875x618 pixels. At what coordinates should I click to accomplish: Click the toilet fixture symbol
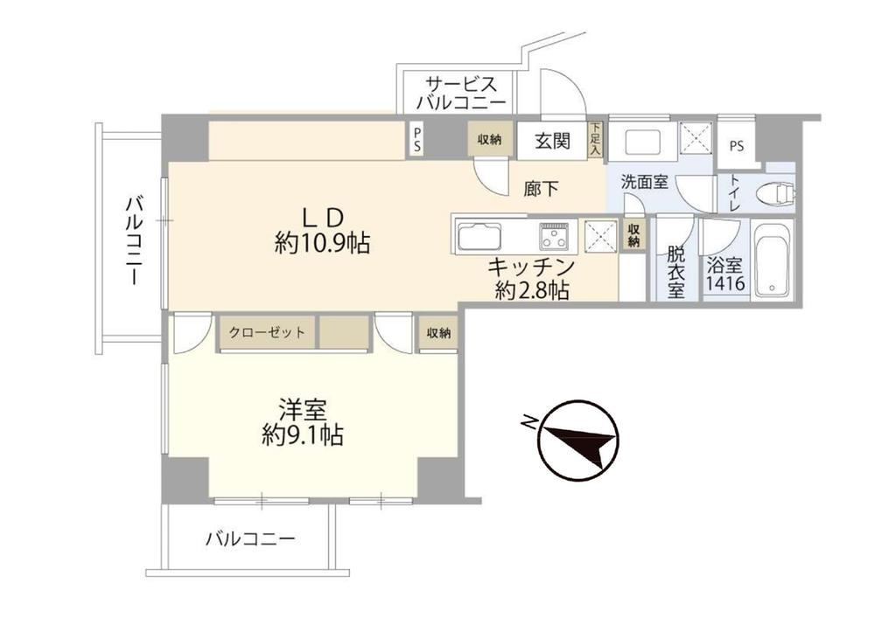click(776, 194)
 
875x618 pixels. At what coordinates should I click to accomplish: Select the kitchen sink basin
click(479, 236)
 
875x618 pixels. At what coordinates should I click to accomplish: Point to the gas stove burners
click(555, 236)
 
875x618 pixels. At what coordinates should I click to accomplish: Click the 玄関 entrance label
click(552, 141)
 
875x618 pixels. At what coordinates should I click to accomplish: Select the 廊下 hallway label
click(541, 188)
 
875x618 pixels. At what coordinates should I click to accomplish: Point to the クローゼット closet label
click(267, 333)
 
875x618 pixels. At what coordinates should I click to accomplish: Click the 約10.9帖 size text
click(322, 243)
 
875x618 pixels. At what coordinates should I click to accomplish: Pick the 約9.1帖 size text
click(303, 434)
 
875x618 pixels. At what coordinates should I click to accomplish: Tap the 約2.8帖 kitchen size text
click(532, 290)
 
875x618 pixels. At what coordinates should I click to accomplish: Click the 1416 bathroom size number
click(725, 283)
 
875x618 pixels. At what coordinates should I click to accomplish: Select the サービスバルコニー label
click(461, 93)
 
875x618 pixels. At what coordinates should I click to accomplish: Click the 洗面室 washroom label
click(645, 182)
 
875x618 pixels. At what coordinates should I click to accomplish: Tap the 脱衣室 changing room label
click(675, 273)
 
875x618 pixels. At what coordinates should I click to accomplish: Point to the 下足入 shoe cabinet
click(595, 139)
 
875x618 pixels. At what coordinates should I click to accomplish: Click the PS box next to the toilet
click(737, 146)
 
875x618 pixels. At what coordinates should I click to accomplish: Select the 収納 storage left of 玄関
click(489, 139)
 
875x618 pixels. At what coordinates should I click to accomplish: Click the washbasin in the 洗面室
click(643, 142)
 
